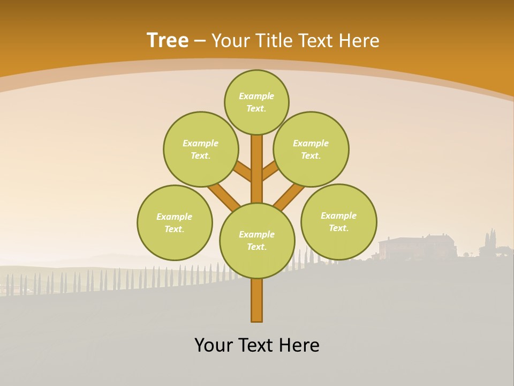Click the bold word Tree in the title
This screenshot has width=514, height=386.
(168, 40)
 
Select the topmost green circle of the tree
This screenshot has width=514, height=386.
(256, 102)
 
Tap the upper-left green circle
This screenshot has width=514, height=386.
(200, 149)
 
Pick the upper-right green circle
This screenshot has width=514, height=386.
(311, 149)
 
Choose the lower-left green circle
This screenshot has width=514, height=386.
(175, 222)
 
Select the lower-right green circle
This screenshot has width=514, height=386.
(338, 221)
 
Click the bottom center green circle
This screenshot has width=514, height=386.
(257, 241)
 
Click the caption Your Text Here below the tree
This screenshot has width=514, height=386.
(257, 345)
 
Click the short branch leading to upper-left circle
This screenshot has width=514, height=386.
(244, 172)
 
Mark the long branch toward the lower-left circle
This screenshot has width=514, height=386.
(224, 197)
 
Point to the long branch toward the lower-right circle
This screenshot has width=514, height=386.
(289, 197)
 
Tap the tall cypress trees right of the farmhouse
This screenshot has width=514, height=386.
(490, 241)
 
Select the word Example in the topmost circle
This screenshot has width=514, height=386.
(256, 96)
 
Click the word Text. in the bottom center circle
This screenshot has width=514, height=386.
(256, 247)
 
